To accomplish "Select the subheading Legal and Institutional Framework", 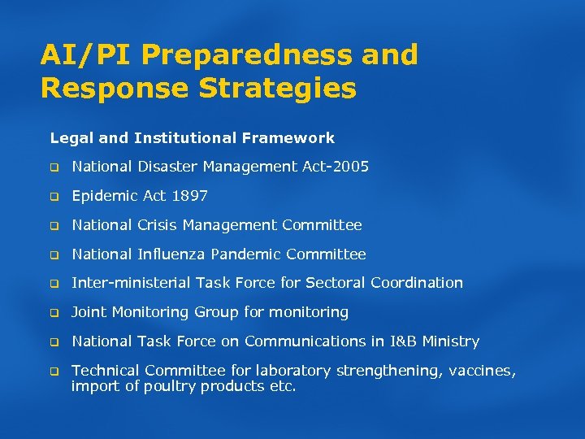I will (x=192, y=138).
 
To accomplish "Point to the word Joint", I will (x=89, y=312).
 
